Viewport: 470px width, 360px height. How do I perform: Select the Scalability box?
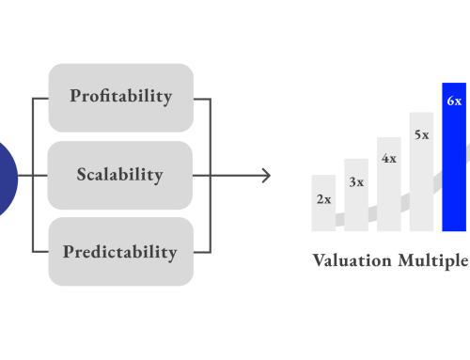pyautogui.click(x=120, y=175)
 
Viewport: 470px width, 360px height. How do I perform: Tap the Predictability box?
pyautogui.click(x=120, y=252)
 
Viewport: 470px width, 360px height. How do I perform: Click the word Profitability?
pyautogui.click(x=120, y=97)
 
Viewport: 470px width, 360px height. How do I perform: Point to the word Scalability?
pyautogui.click(x=120, y=175)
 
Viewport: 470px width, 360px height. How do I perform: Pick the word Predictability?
pyautogui.click(x=120, y=252)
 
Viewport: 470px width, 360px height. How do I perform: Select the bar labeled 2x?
pyautogui.click(x=323, y=211)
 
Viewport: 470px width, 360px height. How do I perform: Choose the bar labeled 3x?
pyautogui.click(x=356, y=202)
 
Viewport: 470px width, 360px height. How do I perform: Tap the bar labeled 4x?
pyautogui.click(x=388, y=193)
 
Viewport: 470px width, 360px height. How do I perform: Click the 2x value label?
pyautogui.click(x=323, y=199)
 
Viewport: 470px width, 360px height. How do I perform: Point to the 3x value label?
pyautogui.click(x=356, y=182)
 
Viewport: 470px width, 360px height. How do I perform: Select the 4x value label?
pyautogui.click(x=388, y=159)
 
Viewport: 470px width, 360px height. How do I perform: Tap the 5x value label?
pyautogui.click(x=421, y=134)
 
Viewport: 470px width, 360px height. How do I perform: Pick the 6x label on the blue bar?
pyautogui.click(x=454, y=101)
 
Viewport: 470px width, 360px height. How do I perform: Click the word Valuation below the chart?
pyautogui.click(x=351, y=260)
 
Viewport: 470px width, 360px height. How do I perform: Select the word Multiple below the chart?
pyautogui.click(x=431, y=260)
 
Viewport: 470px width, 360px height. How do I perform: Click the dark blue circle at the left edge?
pyautogui.click(x=7, y=175)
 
